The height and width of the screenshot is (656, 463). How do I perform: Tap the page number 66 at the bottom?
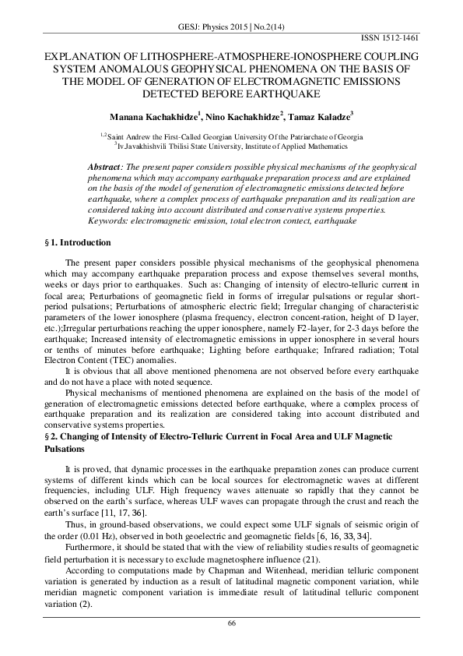point(231,622)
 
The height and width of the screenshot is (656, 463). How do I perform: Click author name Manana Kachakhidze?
point(153,116)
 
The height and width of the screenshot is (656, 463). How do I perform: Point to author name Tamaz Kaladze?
point(321,116)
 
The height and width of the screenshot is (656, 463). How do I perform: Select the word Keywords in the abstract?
point(108,221)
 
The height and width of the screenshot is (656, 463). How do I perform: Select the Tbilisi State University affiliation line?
point(230,144)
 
